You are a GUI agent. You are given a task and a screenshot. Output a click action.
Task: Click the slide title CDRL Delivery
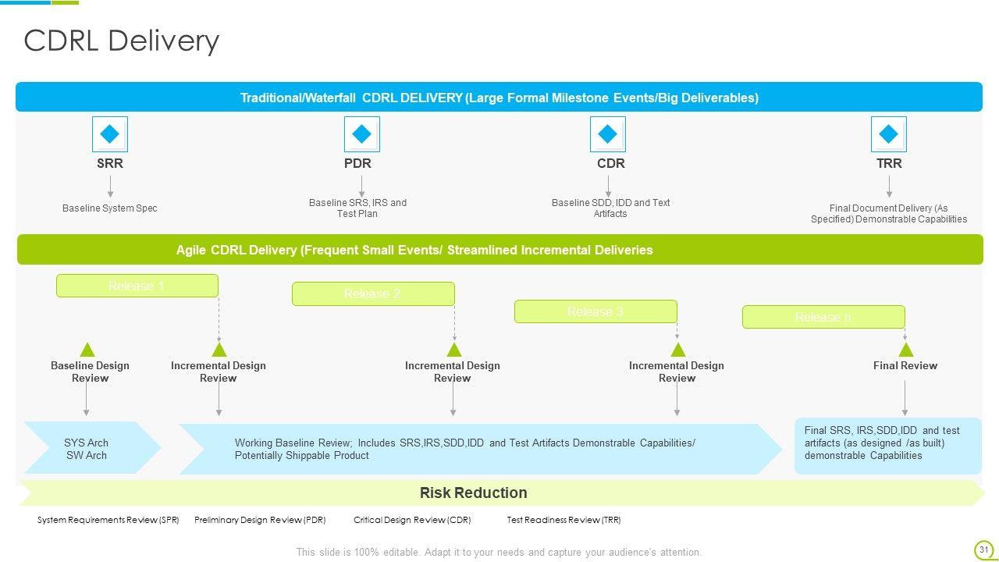(122, 41)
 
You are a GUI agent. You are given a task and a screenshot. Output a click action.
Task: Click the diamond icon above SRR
(110, 134)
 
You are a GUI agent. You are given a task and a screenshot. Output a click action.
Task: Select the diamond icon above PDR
(361, 134)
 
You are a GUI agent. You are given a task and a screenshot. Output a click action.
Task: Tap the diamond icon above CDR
(608, 134)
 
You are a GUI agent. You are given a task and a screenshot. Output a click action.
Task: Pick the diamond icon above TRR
(889, 134)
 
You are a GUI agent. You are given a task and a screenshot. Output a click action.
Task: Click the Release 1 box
(137, 286)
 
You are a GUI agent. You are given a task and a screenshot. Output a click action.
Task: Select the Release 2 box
(373, 293)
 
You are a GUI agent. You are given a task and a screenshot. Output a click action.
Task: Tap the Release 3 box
(595, 311)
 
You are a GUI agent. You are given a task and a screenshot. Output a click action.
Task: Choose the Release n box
(823, 317)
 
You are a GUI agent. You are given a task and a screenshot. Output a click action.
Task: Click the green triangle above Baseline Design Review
(87, 350)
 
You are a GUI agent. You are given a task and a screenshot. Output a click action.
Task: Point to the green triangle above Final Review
(905, 350)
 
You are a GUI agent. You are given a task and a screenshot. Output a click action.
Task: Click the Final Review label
(905, 365)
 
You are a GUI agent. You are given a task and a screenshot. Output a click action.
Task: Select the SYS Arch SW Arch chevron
(87, 449)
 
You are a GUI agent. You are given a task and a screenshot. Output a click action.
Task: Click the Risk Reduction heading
(473, 493)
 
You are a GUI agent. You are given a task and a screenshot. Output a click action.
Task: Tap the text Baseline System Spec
(110, 208)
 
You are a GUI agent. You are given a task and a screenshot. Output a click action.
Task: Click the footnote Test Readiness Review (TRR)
(563, 520)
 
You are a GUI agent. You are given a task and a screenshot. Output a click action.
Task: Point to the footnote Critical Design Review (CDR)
(412, 520)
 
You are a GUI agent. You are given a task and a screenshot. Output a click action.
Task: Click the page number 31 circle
(983, 550)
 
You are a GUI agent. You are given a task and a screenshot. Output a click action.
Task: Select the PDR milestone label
(357, 163)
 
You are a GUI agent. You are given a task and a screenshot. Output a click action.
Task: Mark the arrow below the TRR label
(889, 187)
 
